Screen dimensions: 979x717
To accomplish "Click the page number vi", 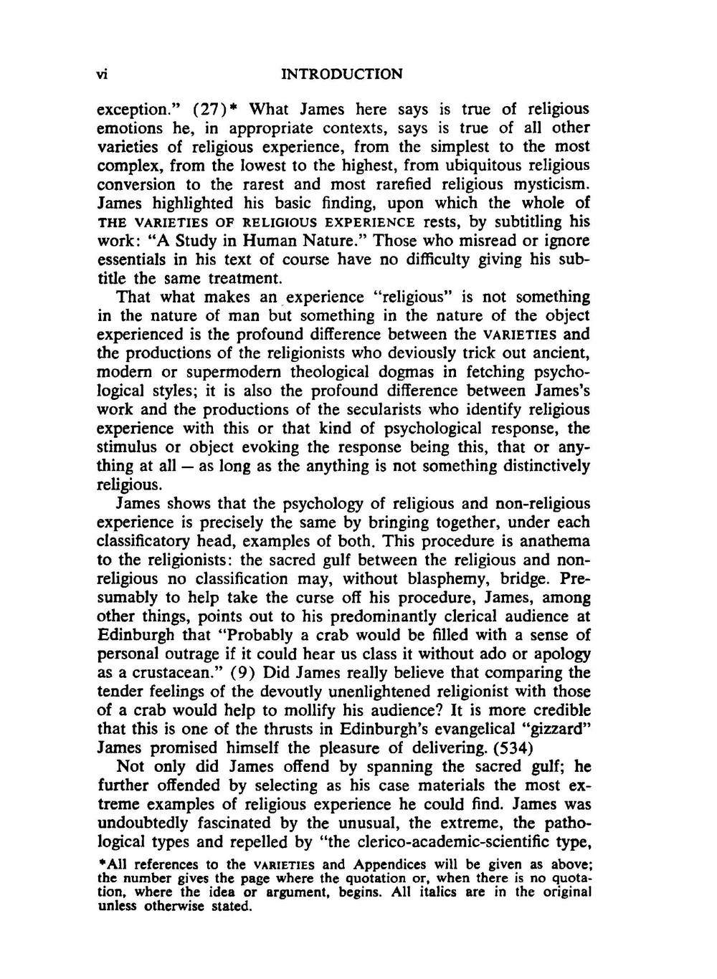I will [102, 74].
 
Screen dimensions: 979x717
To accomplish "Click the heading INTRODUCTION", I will [343, 74].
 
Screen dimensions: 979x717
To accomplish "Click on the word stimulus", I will [125, 448].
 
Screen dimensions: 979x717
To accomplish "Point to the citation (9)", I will [232, 673].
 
